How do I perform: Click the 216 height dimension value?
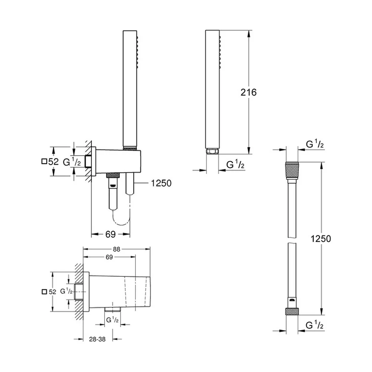pos(248,92)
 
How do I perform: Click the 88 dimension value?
pos(116,249)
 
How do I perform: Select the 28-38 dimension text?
pos(97,339)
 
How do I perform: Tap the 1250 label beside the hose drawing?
pos(321,239)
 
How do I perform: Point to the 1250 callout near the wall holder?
pos(161,183)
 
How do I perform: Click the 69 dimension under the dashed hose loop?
pos(110,234)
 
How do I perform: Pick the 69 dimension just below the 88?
pos(109,257)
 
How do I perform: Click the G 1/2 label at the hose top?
pos(315,144)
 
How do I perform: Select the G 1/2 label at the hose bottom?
pos(314,325)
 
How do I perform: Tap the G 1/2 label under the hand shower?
pos(235,164)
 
